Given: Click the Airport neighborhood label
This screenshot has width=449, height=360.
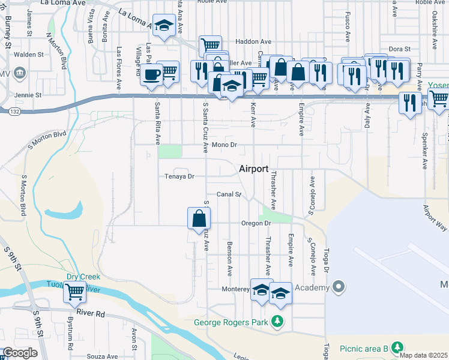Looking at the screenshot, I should coord(253,169).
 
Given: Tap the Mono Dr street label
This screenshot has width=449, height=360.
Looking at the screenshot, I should coord(225,145).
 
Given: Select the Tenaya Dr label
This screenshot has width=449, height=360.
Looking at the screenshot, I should coord(180,176).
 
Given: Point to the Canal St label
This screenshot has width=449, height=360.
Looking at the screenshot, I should coord(229,194).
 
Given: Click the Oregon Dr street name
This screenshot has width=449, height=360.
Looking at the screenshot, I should coord(257,223).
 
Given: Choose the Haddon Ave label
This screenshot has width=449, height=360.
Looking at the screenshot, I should coord(253,41).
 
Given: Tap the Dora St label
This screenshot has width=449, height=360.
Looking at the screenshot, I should coord(399,49).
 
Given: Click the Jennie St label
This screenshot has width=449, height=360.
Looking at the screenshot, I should coord(29,95).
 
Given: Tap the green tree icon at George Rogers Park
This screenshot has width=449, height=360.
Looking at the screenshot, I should coord(277,322).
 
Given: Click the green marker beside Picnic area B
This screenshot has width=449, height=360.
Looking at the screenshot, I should coord(396,348).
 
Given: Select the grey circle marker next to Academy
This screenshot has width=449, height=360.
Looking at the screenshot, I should coord(339,287).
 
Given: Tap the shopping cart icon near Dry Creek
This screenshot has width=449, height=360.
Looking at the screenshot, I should coord(75,292).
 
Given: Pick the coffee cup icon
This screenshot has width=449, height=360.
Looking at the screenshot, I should coord(151,75).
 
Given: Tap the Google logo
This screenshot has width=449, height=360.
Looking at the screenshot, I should coord(20,353).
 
